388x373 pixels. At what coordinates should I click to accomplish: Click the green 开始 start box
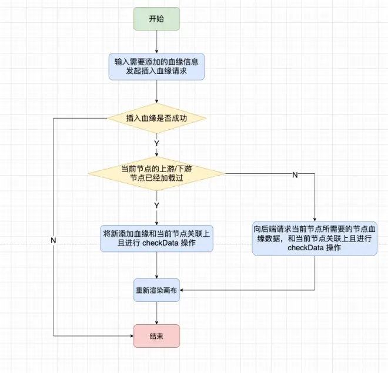pyautogui.click(x=156, y=19)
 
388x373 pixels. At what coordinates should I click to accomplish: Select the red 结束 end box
pyautogui.click(x=156, y=335)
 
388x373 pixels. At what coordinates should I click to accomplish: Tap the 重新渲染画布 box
pyautogui.click(x=156, y=291)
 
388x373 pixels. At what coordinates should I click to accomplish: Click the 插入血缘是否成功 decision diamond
pyautogui.click(x=156, y=117)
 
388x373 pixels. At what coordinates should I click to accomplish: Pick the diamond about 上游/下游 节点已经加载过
pyautogui.click(x=156, y=173)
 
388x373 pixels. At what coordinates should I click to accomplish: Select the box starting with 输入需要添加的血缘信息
pyautogui.click(x=156, y=66)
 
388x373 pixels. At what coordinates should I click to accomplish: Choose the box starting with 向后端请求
pyautogui.click(x=315, y=238)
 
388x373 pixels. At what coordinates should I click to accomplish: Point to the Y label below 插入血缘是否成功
pyautogui.click(x=156, y=143)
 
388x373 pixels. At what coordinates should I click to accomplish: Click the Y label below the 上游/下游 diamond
pyautogui.click(x=156, y=205)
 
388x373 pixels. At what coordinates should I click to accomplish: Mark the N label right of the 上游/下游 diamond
pyautogui.click(x=295, y=175)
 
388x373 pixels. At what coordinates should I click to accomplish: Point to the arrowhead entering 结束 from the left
pyautogui.click(x=131, y=335)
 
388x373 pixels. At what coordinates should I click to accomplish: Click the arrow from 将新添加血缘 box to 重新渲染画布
pyautogui.click(x=156, y=266)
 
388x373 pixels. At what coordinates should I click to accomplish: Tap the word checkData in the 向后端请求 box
pyautogui.click(x=305, y=248)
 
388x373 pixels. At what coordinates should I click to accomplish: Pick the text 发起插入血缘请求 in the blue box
pyautogui.click(x=156, y=72)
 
